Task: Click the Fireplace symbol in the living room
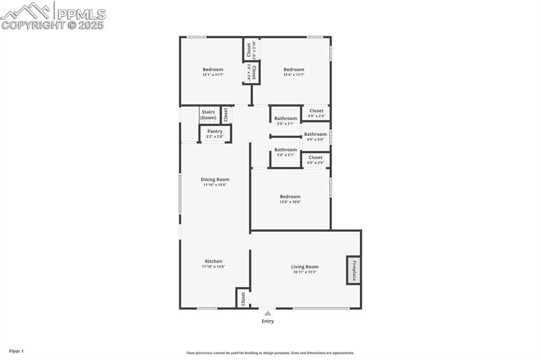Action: pos(353,270)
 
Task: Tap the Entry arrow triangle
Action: pos(268,314)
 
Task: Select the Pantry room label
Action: pos(215,131)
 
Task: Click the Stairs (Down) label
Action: pos(208,115)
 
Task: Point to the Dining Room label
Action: pos(216,179)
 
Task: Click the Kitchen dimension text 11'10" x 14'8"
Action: pos(213,267)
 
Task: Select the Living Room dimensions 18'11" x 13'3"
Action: pos(305,272)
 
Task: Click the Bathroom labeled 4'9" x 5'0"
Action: pos(315,137)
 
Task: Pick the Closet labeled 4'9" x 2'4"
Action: pos(316,113)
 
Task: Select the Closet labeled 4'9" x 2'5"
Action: pos(315,160)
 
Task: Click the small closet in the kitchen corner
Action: pos(243,298)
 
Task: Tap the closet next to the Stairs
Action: pos(226,115)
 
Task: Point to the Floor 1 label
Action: pos(16,351)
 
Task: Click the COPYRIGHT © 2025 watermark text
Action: pos(53,25)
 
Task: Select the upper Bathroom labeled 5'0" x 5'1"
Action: pos(285,121)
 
